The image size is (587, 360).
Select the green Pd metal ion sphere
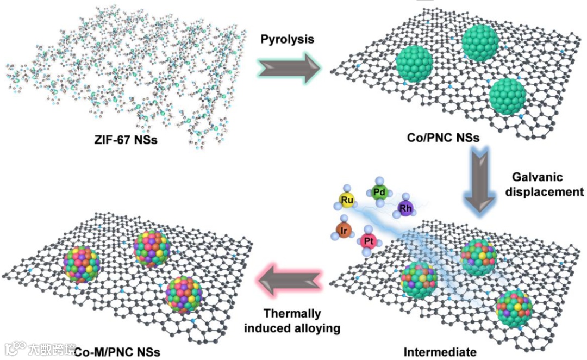tap(379, 191)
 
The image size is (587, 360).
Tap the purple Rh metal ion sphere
tap(405, 208)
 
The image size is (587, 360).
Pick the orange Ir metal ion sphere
tap(344, 230)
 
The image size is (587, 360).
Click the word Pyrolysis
tap(288, 39)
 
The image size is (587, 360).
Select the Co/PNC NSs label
tap(442, 138)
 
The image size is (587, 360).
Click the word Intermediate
tap(433, 351)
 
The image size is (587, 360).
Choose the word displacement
tap(546, 191)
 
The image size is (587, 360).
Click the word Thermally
tap(292, 314)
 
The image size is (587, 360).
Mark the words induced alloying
tap(292, 328)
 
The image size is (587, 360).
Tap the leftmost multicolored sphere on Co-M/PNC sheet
tap(82, 264)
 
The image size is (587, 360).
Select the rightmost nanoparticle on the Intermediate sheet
tap(514, 307)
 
